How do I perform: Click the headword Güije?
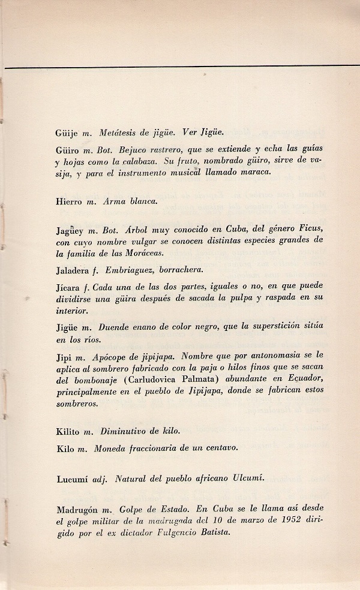[65, 133]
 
